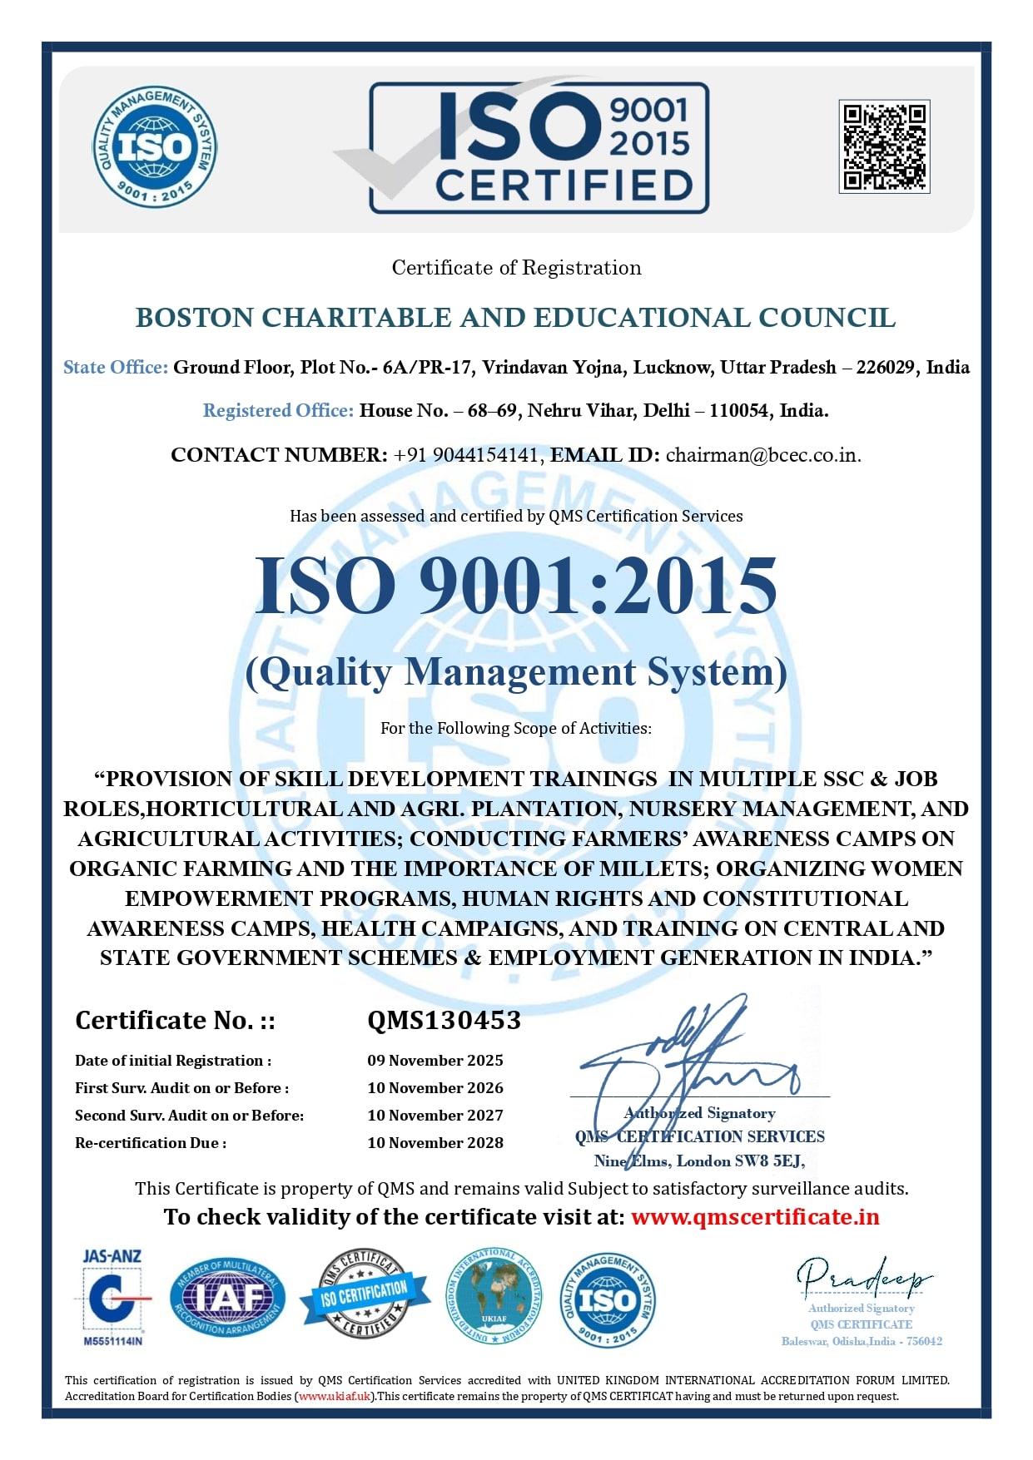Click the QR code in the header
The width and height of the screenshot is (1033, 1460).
pyautogui.click(x=884, y=146)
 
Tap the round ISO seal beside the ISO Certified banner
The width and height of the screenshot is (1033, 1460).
pyautogui.click(x=155, y=146)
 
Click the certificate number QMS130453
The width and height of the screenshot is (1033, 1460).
pyautogui.click(x=444, y=1020)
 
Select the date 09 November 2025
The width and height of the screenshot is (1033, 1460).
pyautogui.click(x=435, y=1061)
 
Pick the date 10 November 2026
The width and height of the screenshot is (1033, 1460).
pyautogui.click(x=435, y=1088)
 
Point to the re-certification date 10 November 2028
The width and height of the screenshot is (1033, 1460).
pyautogui.click(x=435, y=1143)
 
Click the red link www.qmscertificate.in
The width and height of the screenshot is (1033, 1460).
pyautogui.click(x=755, y=1217)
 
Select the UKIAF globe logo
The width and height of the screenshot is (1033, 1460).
pyautogui.click(x=494, y=1296)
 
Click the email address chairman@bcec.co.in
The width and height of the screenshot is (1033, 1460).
pyautogui.click(x=762, y=455)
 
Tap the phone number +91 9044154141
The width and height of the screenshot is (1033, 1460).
pyautogui.click(x=466, y=455)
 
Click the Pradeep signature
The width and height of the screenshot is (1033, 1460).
pyautogui.click(x=863, y=1278)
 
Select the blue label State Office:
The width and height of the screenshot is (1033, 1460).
pyautogui.click(x=116, y=368)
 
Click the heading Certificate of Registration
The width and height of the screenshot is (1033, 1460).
pyautogui.click(x=516, y=268)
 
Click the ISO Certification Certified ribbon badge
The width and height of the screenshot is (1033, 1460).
pyautogui.click(x=365, y=1294)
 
